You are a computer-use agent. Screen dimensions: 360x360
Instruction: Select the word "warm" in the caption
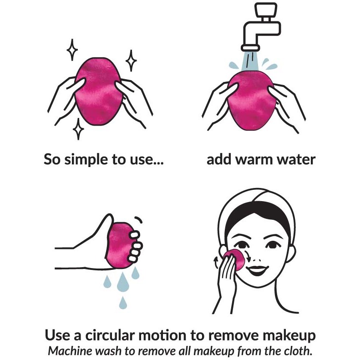coord(254,160)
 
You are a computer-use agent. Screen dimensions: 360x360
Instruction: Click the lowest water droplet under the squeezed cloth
coord(123,303)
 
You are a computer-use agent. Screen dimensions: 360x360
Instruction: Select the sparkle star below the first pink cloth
coord(78,129)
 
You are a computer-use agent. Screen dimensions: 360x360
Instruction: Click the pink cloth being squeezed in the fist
coord(119,245)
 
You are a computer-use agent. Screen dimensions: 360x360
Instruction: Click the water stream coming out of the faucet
coord(250,61)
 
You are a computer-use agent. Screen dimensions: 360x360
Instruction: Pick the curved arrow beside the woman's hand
coord(216,263)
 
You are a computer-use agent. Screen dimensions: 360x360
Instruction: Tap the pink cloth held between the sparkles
coord(99,91)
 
